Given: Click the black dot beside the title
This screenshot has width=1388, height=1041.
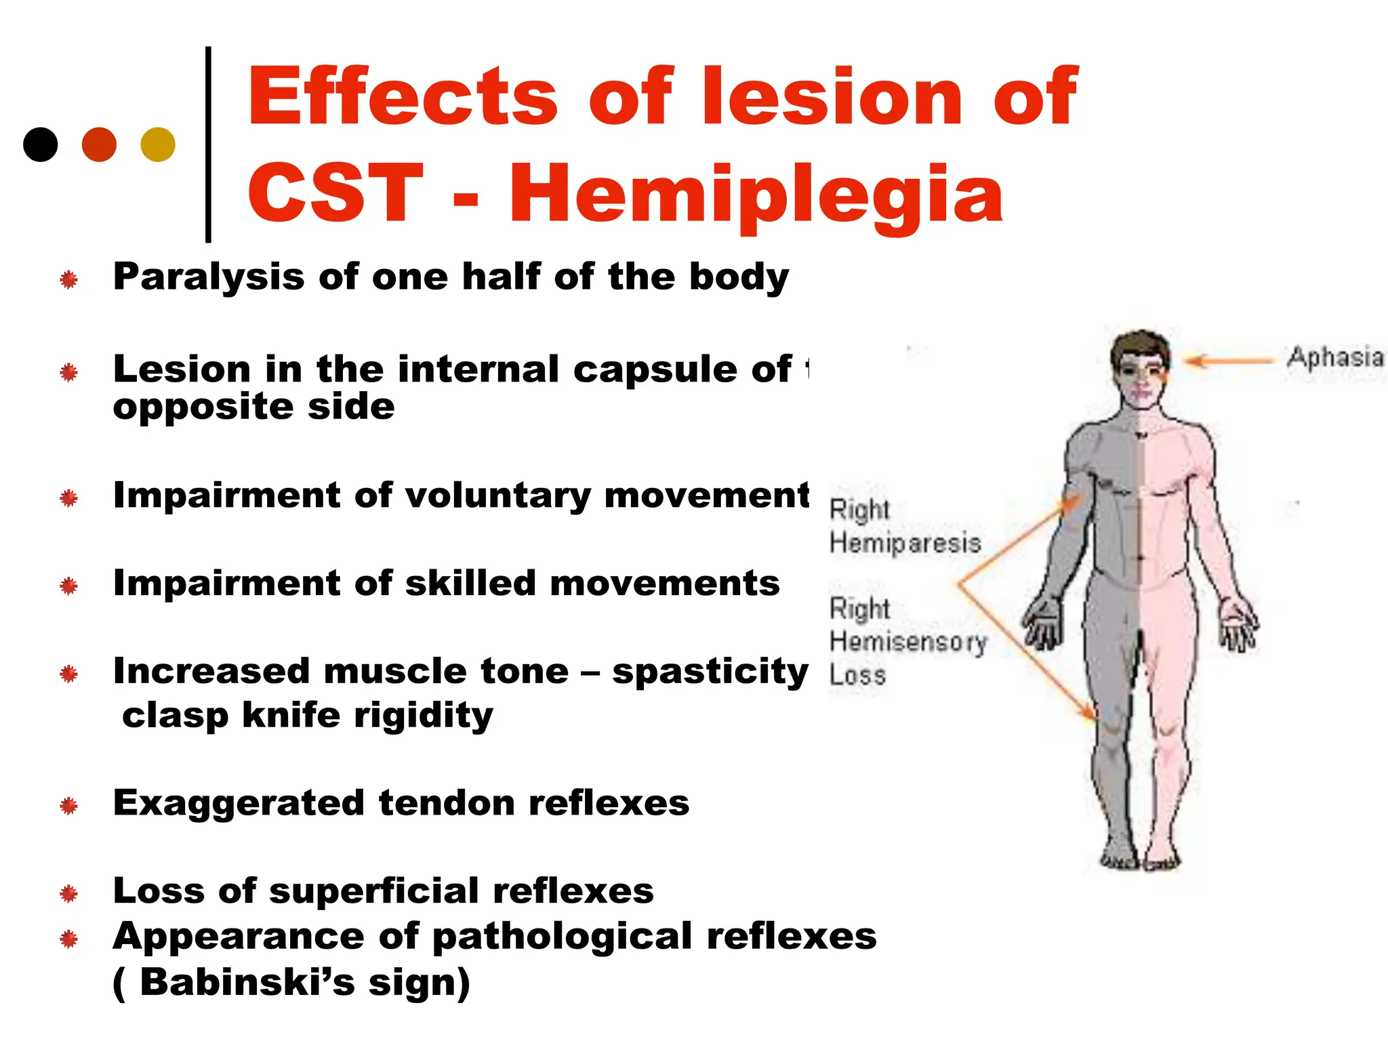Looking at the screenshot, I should click(41, 144).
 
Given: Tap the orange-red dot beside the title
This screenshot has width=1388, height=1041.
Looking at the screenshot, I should click(99, 144).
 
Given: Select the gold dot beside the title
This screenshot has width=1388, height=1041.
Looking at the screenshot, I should click(158, 144).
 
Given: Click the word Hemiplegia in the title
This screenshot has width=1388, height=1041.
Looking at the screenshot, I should click(756, 195).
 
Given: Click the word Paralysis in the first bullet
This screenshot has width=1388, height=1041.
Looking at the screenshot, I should click(209, 277).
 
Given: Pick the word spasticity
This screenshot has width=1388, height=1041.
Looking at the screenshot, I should click(710, 672).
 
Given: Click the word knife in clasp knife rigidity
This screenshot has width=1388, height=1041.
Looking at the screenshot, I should click(291, 715).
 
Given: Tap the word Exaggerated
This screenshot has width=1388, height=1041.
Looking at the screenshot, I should click(239, 804).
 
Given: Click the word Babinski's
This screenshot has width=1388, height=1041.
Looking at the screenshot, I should click(247, 982).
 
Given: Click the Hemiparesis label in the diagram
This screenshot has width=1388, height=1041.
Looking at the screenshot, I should click(905, 543).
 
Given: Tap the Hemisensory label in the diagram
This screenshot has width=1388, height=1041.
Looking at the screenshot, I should click(908, 641).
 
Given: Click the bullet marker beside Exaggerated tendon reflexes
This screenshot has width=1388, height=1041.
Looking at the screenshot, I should click(68, 806).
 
